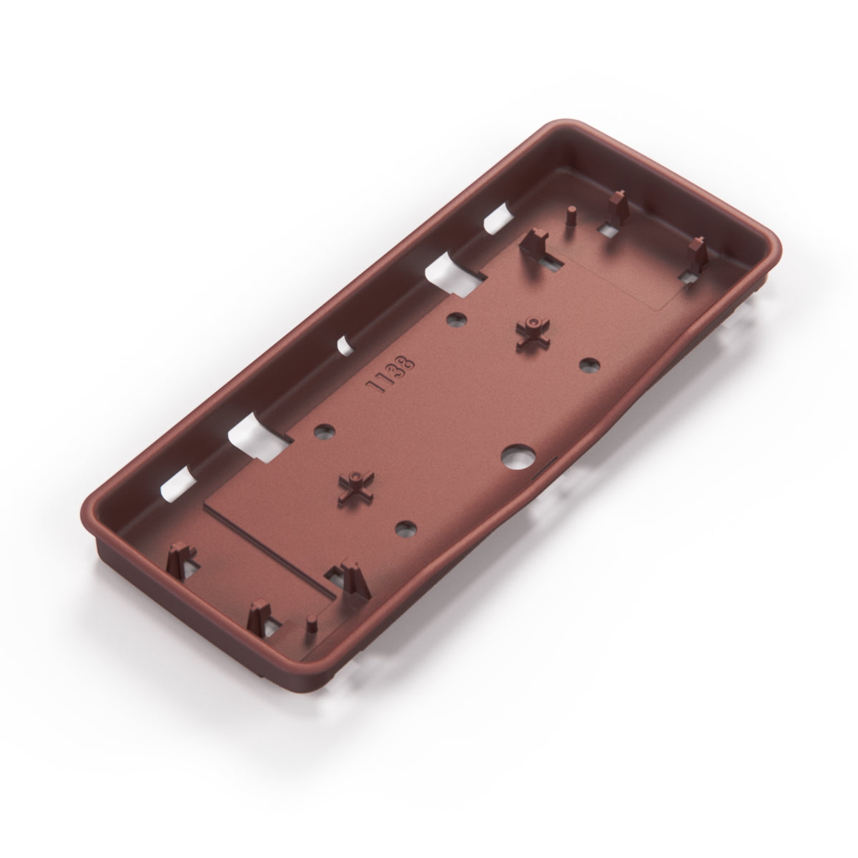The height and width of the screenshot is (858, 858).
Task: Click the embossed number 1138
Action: (390, 373)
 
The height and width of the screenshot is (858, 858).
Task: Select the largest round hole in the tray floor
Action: (518, 455)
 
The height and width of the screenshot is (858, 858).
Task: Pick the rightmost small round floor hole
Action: (589, 365)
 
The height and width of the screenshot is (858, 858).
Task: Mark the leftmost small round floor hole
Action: (325, 430)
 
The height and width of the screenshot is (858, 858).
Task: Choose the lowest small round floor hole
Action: (405, 528)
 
